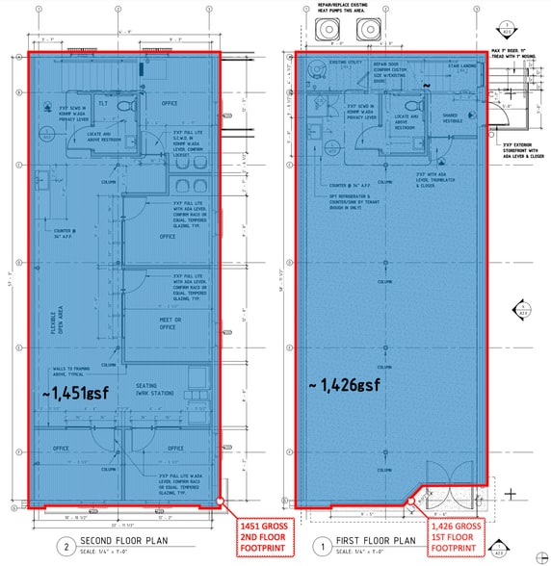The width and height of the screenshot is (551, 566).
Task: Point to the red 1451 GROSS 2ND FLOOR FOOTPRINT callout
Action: point(263,537)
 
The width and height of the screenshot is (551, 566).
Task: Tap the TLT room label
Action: point(101,102)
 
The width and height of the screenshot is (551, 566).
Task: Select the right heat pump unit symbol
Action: point(368,31)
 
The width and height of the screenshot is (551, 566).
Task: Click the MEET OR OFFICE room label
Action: point(170,322)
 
